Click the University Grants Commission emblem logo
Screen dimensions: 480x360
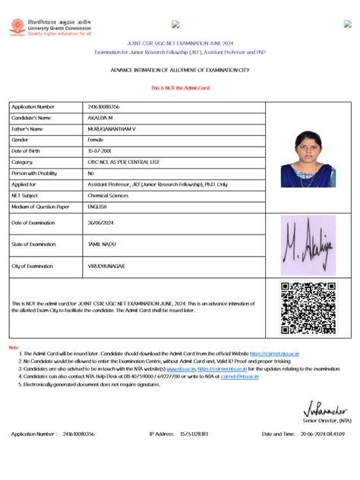click(16, 27)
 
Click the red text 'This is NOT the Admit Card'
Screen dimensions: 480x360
click(180, 88)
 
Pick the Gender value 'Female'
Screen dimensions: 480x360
click(96, 140)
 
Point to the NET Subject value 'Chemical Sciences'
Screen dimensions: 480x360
click(108, 195)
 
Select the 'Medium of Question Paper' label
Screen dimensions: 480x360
click(40, 206)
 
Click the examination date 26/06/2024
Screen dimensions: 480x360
click(103, 223)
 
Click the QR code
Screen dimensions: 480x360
click(308, 308)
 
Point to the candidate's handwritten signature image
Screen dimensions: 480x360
click(308, 245)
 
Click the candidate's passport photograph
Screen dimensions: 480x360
click(307, 159)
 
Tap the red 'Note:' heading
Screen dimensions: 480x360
click(14, 347)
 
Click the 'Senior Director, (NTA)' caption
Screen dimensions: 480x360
click(327, 420)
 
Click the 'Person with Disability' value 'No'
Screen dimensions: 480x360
click(91, 173)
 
